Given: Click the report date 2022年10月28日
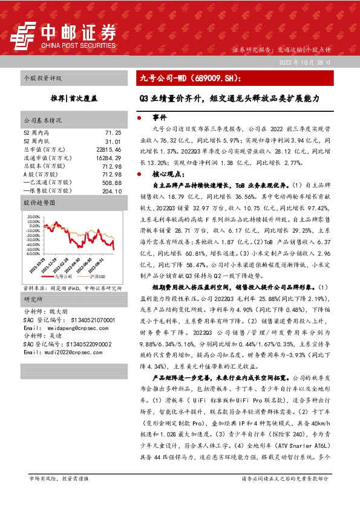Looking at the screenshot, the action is [x=305, y=63].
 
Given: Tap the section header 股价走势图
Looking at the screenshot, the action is [x=39, y=203].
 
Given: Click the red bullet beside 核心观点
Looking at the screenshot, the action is [x=140, y=173].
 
